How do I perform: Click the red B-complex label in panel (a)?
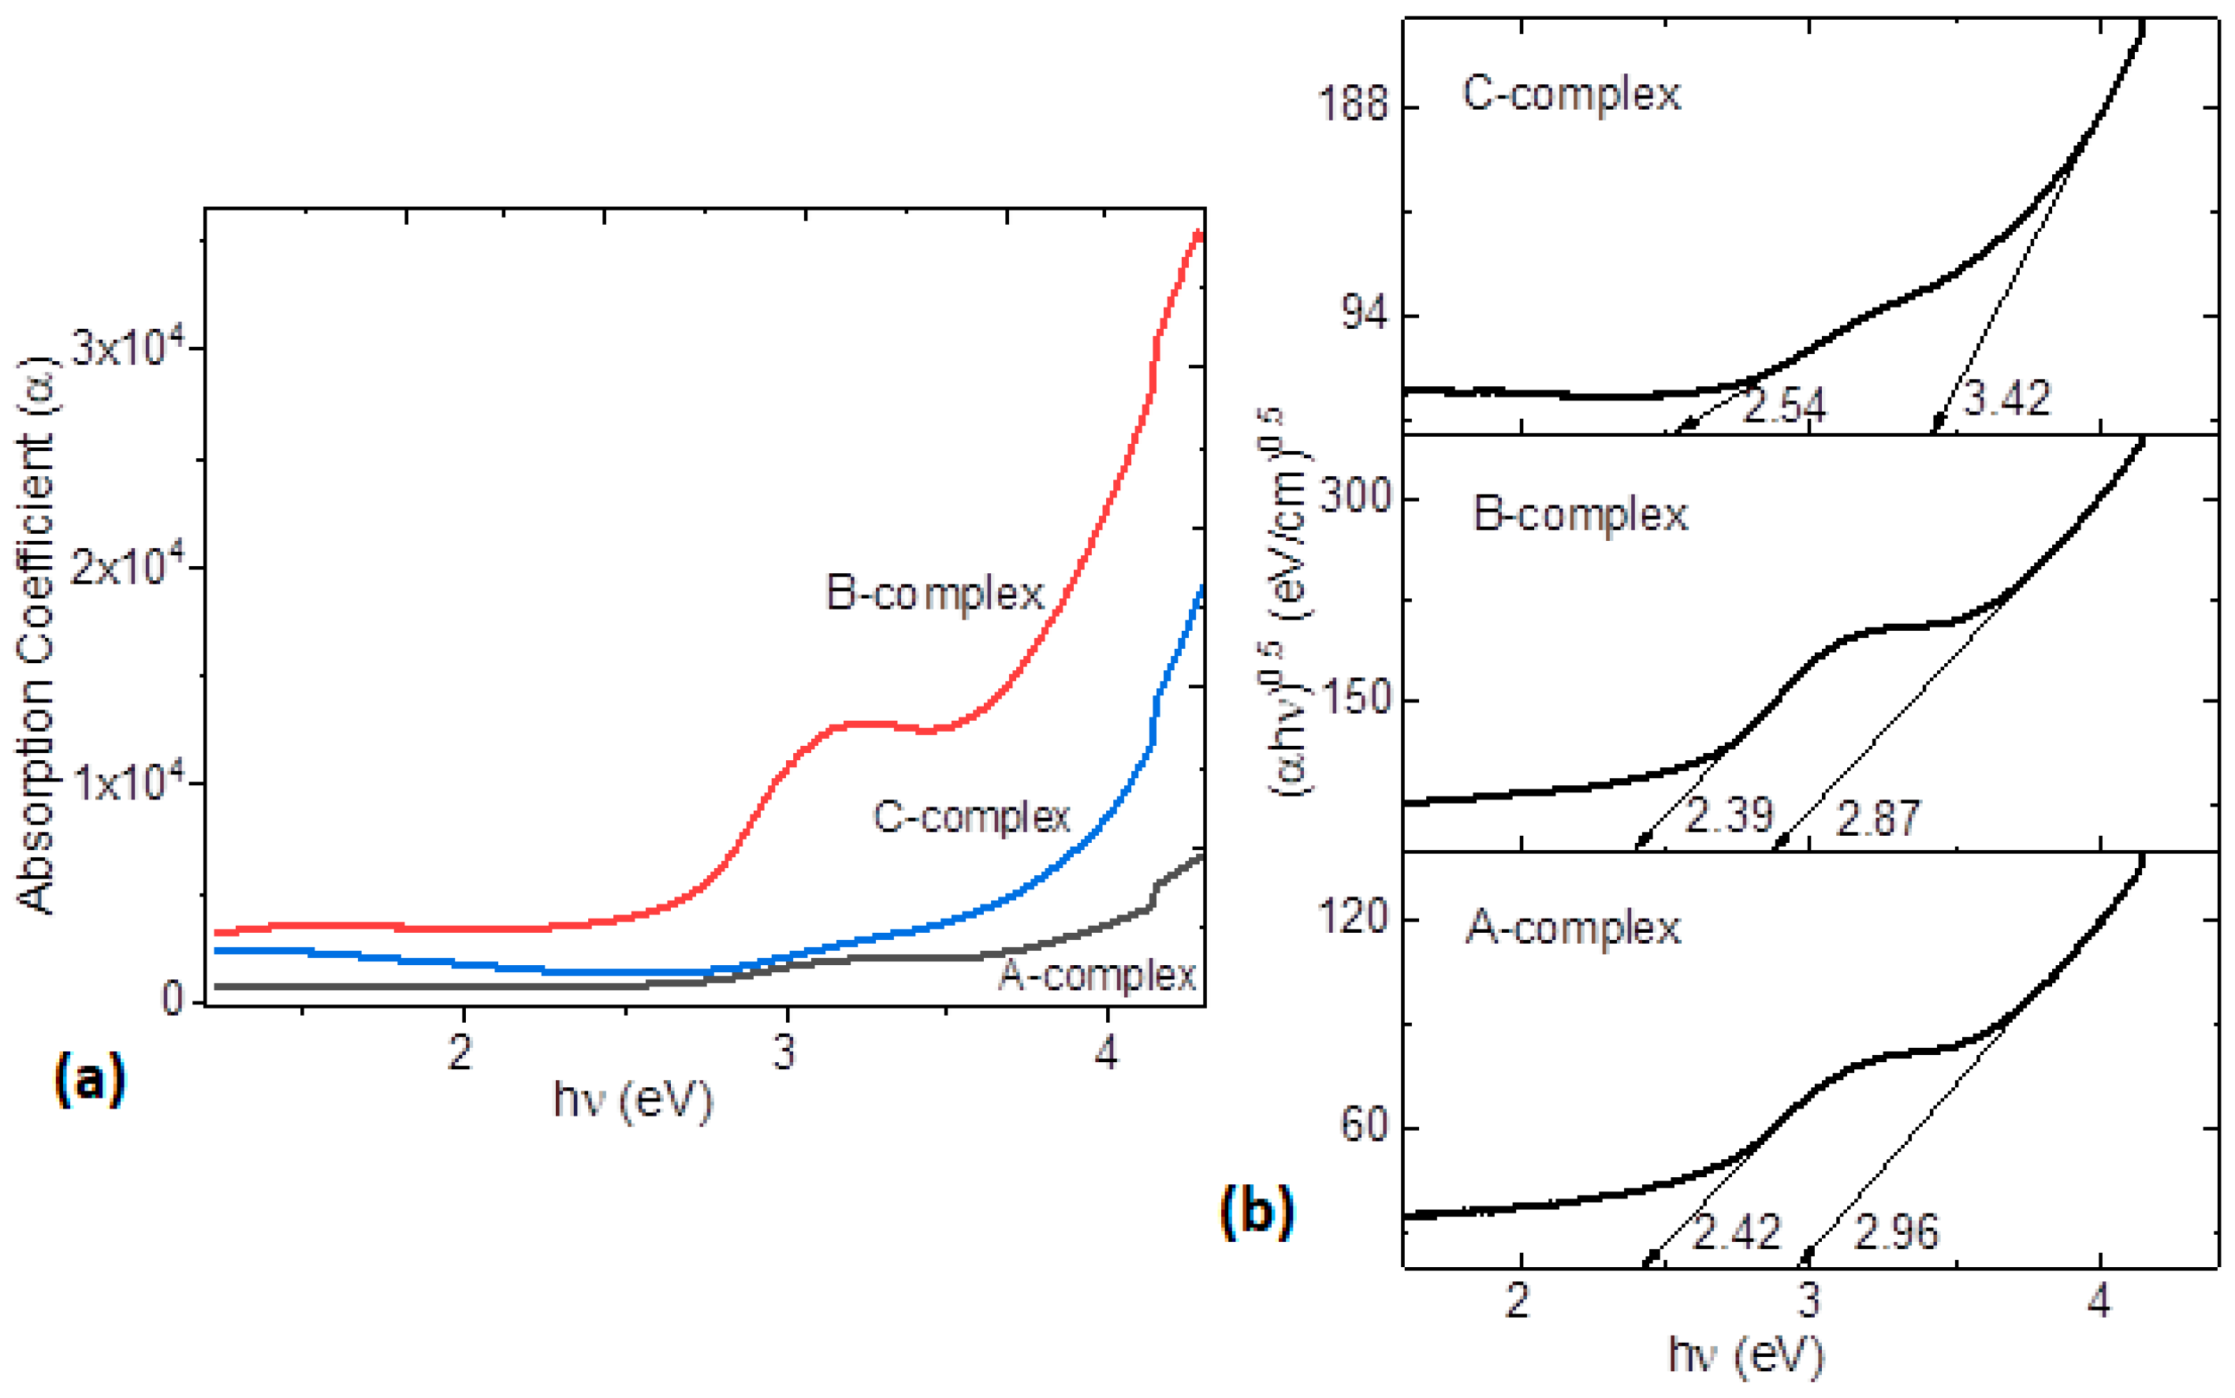934,594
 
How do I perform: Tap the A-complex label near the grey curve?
1097,975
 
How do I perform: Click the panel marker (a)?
89,1080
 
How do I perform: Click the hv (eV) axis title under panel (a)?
633,1100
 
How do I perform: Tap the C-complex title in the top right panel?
1571,95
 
